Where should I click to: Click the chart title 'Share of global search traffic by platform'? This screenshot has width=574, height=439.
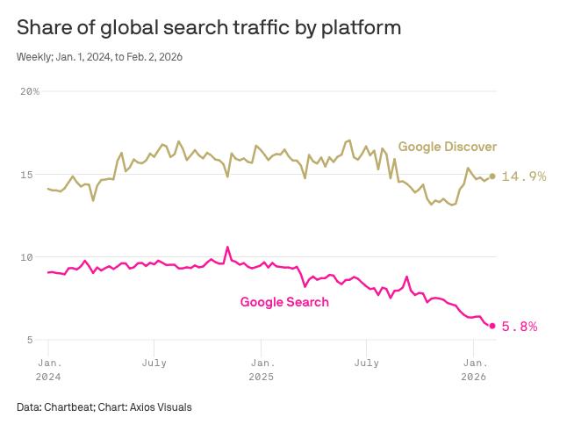click(x=209, y=27)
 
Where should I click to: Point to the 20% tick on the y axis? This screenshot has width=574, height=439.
click(x=30, y=91)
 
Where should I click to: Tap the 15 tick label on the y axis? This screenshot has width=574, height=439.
click(x=26, y=175)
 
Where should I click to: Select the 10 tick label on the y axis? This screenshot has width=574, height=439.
click(x=26, y=257)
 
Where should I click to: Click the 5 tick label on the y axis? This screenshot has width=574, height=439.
click(x=30, y=340)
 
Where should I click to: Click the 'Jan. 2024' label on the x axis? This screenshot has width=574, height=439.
click(x=47, y=369)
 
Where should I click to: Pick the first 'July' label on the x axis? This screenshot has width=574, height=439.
click(x=154, y=362)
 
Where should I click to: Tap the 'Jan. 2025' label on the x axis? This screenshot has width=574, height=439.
click(x=261, y=369)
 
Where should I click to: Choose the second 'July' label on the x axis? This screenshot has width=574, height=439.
click(x=367, y=362)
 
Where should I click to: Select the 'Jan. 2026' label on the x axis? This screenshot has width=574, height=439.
click(x=474, y=369)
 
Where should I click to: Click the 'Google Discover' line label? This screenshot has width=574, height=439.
click(x=448, y=147)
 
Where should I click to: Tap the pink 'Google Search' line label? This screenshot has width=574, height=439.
click(x=284, y=302)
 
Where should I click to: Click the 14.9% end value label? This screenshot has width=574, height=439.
click(x=524, y=176)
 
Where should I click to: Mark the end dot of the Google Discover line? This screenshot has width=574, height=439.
click(x=492, y=176)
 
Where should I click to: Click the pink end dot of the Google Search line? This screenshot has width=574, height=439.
click(x=492, y=326)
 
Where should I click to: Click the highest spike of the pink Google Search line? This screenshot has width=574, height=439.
click(x=227, y=248)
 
